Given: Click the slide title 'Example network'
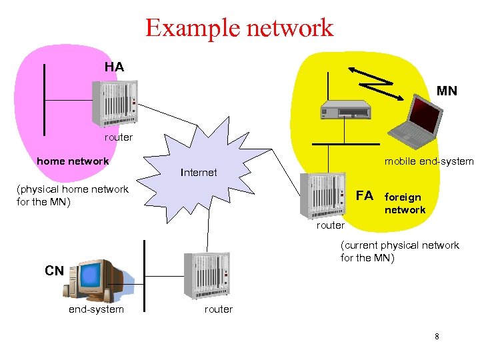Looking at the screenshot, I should [x=239, y=28].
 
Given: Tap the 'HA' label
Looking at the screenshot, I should [x=114, y=67].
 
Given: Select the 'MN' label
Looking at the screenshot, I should [x=447, y=91].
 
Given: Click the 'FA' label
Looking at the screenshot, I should [x=365, y=195].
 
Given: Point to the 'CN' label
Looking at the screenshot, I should [x=54, y=271].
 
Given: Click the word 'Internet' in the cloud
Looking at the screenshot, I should [x=199, y=172].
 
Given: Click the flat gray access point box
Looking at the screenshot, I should [x=345, y=109].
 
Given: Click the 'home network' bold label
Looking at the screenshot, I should [x=73, y=161].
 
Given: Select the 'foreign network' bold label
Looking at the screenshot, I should [x=404, y=203].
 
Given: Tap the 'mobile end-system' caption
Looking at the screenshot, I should [x=429, y=161].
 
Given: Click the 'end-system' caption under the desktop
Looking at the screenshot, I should [x=96, y=309].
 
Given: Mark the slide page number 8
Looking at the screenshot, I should [x=437, y=337].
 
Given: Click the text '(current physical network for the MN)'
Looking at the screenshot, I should [x=399, y=251].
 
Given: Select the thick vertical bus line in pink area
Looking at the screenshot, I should [x=45, y=100].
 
